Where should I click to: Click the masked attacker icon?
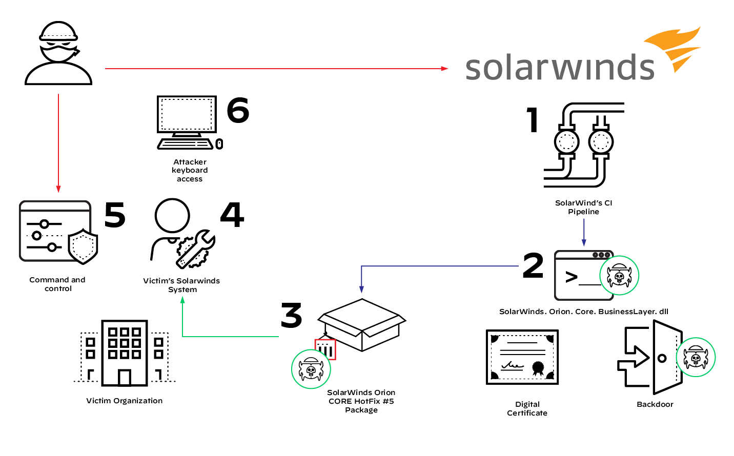tap(58, 54)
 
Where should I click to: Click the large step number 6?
tap(238, 110)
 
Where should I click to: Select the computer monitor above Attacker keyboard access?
tap(187, 115)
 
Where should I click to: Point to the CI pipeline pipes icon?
tap(583, 144)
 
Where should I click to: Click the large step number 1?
tap(533, 120)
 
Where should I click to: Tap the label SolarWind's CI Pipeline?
tap(583, 207)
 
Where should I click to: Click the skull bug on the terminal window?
tap(619, 276)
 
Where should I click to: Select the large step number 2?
tap(533, 265)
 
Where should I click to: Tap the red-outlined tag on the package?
tap(325, 350)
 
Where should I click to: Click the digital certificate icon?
tap(522, 358)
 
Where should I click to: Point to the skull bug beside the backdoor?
tap(696, 357)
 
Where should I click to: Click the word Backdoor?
tap(655, 404)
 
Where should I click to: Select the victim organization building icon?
tap(125, 353)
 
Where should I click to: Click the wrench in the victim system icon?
tap(197, 248)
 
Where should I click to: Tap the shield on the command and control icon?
tap(83, 247)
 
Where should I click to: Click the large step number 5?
tap(115, 215)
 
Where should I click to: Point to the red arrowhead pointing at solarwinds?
tap(444, 68)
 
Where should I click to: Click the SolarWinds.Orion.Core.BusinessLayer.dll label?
tap(583, 312)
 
